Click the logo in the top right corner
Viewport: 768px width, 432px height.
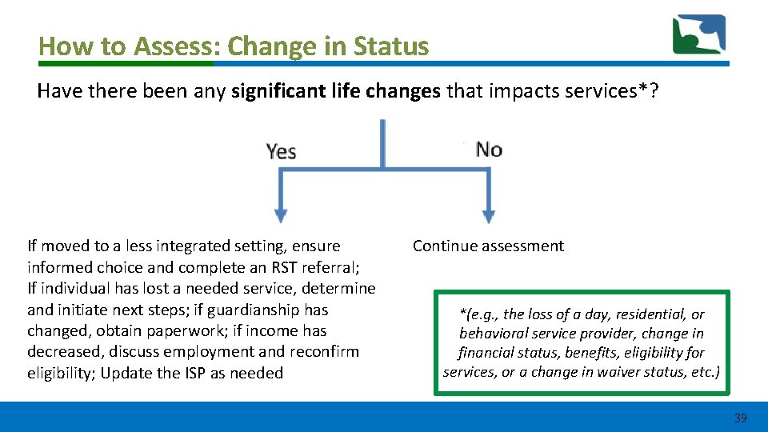(x=698, y=34)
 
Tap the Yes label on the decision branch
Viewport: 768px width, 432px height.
(x=281, y=150)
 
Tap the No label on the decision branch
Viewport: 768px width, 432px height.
(x=488, y=149)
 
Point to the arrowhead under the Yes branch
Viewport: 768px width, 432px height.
(x=280, y=215)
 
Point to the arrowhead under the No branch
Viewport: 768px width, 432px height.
(x=488, y=215)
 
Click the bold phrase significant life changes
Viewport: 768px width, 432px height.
(x=335, y=91)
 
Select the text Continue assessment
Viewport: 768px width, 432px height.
(x=488, y=246)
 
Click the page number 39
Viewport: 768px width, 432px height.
(x=740, y=418)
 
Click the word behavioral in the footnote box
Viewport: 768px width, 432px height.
(x=494, y=334)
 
